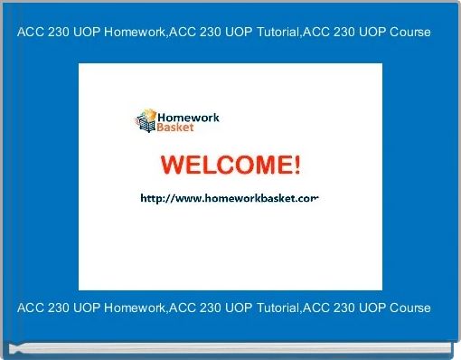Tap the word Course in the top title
[x=409, y=32]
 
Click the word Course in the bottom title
[x=409, y=308]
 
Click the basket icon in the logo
[x=146, y=120]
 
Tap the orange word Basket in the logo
[x=175, y=128]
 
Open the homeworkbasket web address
[x=230, y=197]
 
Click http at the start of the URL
[x=151, y=197]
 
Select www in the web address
[x=185, y=197]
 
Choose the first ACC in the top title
[x=31, y=32]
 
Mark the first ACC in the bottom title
[x=31, y=308]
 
